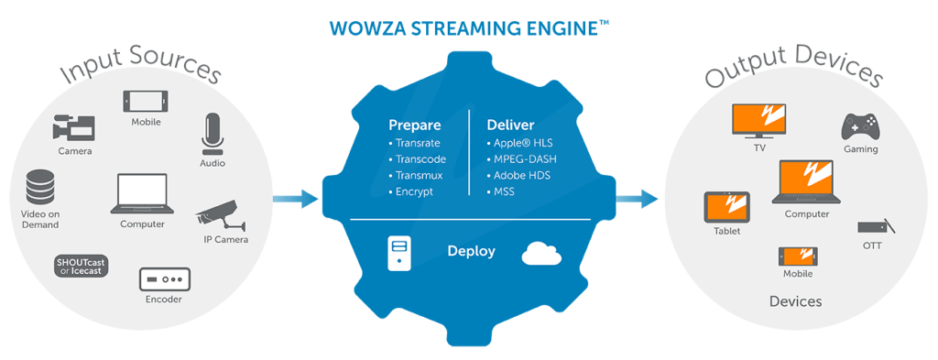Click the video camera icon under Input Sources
click(73, 127)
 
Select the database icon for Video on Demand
click(40, 187)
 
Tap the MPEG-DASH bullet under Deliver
click(523, 159)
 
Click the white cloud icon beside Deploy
click(541, 253)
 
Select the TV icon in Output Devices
click(757, 120)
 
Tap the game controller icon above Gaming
click(860, 126)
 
